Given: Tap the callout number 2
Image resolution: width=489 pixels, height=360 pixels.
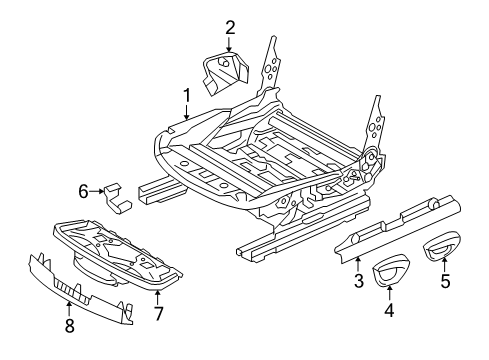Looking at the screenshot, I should (x=229, y=27).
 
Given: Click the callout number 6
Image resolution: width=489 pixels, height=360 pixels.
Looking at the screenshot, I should (x=84, y=189).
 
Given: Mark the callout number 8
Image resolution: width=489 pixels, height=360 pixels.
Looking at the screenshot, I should (x=68, y=325).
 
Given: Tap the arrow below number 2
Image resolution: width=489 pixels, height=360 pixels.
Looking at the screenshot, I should (x=229, y=43).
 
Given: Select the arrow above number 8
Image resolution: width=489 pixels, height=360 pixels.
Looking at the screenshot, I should (x=68, y=307).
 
